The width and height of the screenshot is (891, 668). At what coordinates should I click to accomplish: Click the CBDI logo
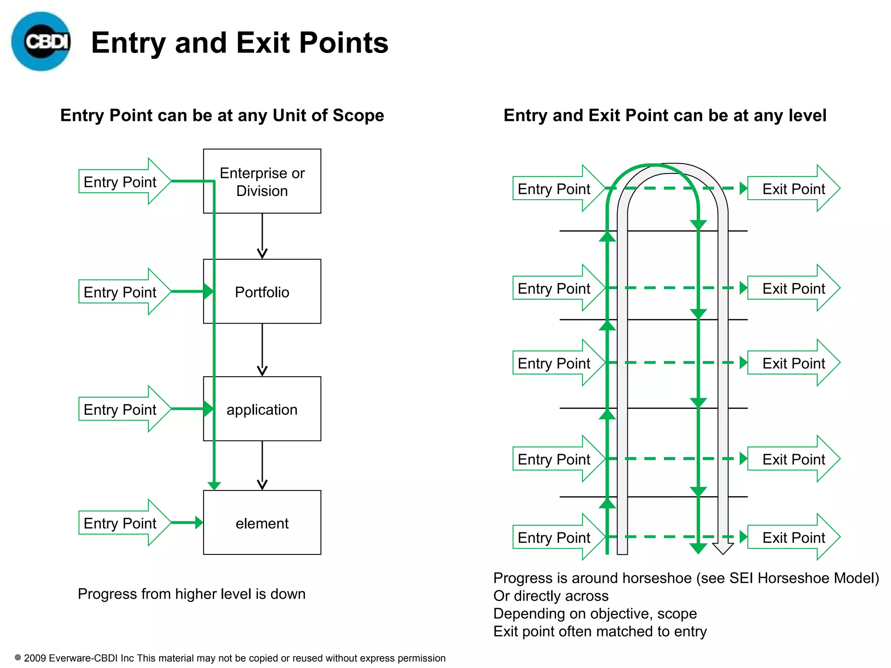click(41, 42)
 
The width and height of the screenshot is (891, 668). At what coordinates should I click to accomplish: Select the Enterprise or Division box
click(262, 181)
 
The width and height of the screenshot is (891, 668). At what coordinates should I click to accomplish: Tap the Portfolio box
click(262, 292)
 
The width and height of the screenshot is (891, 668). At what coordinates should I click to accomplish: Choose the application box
click(262, 409)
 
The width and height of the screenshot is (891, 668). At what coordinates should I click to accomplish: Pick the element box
click(262, 523)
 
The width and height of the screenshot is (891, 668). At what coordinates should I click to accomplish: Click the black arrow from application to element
click(262, 465)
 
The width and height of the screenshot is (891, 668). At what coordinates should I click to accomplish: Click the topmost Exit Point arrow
click(794, 189)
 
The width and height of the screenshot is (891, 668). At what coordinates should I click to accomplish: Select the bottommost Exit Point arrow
click(794, 538)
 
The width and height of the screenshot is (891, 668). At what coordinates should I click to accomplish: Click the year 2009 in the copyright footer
click(35, 658)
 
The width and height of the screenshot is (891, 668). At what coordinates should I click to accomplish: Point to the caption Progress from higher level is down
click(191, 594)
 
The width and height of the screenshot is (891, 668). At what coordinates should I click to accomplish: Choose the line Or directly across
click(551, 596)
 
